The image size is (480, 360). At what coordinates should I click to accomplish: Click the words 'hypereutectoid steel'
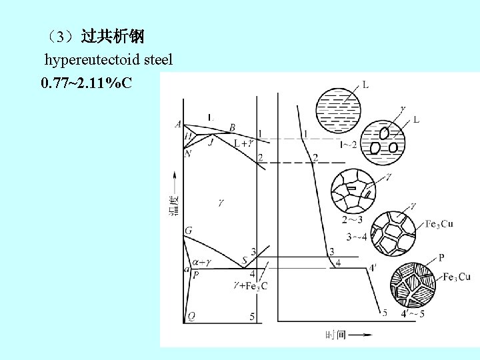109,60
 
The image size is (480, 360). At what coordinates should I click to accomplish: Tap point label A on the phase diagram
178,124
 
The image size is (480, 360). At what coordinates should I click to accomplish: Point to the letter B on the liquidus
232,127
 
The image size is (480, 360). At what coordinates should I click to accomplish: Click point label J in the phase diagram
211,142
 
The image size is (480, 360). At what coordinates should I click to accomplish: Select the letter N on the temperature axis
188,153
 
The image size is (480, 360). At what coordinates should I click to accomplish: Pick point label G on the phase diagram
189,231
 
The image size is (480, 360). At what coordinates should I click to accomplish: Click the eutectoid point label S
245,260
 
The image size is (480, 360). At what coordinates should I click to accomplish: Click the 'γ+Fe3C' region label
251,286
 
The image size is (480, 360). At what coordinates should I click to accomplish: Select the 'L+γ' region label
242,143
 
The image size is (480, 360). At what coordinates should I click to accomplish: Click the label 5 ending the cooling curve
385,313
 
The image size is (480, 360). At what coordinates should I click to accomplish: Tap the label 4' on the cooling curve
375,268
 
